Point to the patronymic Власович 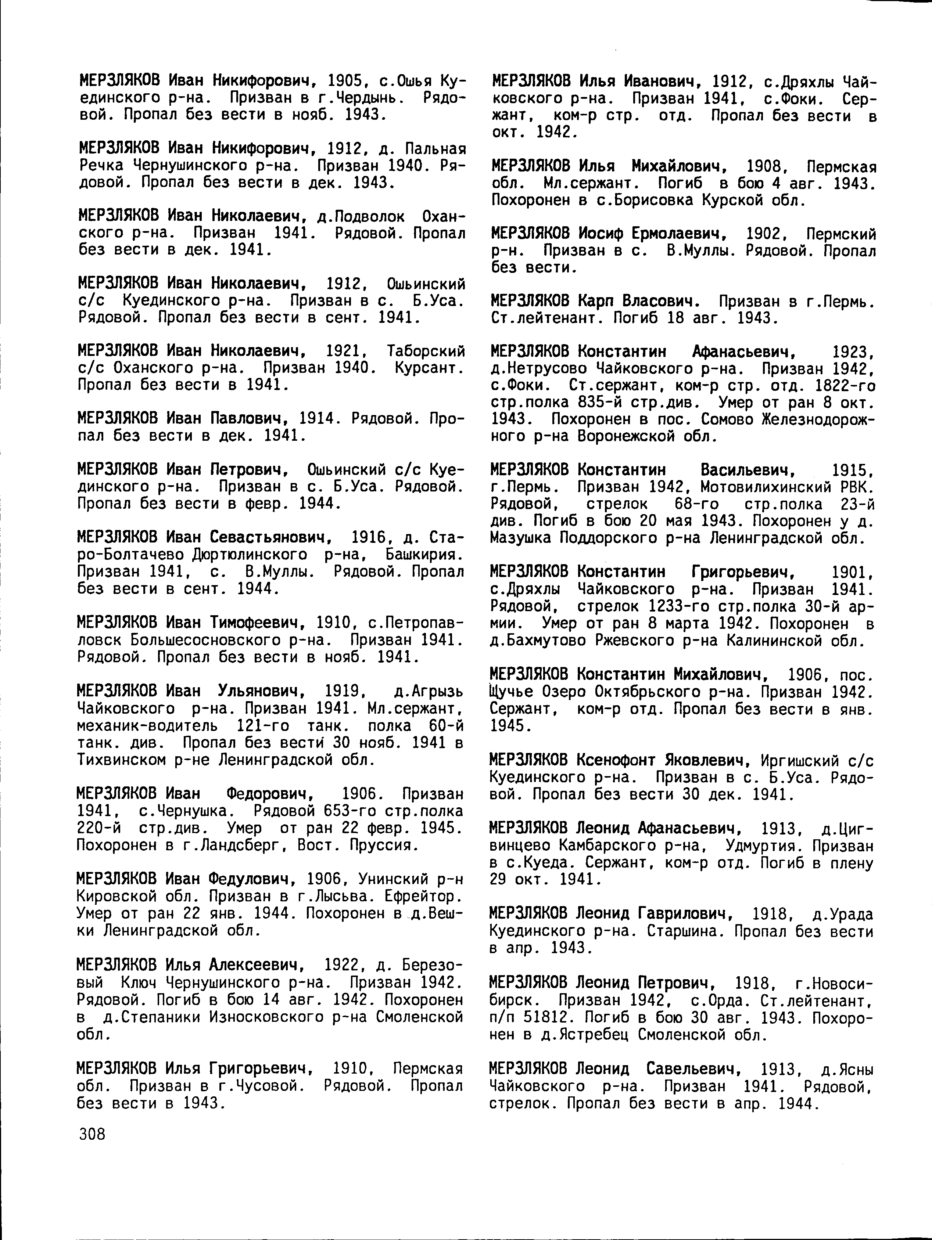pos(660,302)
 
